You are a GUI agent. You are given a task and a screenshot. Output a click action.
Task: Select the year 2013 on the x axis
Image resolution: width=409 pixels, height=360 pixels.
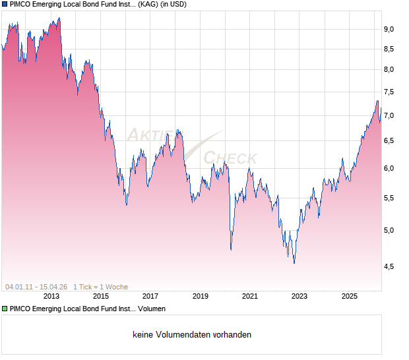click(x=51, y=297)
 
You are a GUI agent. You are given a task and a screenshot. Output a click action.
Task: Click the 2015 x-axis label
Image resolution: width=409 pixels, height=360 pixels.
click(x=101, y=297)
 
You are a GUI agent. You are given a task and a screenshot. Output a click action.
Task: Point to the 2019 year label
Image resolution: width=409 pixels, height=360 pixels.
click(x=201, y=297)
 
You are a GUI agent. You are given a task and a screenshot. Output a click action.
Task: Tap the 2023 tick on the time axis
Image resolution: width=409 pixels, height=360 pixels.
click(x=300, y=297)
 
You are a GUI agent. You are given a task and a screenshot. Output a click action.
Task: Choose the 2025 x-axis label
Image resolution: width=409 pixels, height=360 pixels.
click(x=350, y=297)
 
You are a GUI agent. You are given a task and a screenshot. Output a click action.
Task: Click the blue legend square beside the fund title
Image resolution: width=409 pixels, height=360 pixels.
click(x=5, y=5)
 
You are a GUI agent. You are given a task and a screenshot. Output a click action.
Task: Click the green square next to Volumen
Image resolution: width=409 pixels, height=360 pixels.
click(x=5, y=309)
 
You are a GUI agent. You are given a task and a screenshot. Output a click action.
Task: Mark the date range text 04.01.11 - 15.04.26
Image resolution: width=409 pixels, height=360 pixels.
click(x=36, y=287)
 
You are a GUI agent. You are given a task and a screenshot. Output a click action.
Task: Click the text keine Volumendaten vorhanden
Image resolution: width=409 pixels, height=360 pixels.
click(x=192, y=335)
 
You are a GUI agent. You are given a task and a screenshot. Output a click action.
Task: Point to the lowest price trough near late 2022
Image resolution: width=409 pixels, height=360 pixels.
click(x=294, y=263)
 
